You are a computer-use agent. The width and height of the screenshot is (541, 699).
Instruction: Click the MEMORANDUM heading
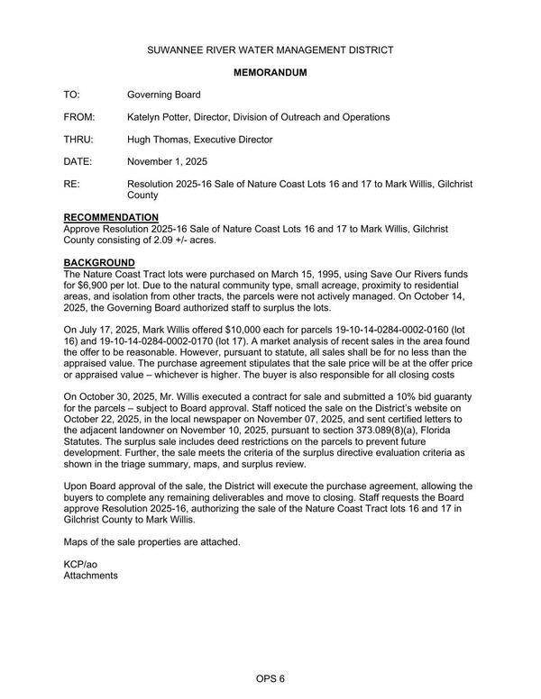[270, 72]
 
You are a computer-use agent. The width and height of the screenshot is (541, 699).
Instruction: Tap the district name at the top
[270, 50]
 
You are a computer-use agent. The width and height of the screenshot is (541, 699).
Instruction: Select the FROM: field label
[78, 117]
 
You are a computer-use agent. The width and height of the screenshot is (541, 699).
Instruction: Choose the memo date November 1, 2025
[168, 162]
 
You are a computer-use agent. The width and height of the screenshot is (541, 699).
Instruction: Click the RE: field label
[71, 184]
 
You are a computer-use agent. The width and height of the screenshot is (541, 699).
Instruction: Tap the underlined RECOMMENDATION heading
[111, 218]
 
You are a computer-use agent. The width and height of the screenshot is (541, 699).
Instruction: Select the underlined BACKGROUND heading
[99, 262]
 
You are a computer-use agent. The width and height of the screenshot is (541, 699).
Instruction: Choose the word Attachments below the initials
[90, 575]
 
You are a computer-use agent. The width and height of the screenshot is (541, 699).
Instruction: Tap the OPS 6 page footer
[270, 678]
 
